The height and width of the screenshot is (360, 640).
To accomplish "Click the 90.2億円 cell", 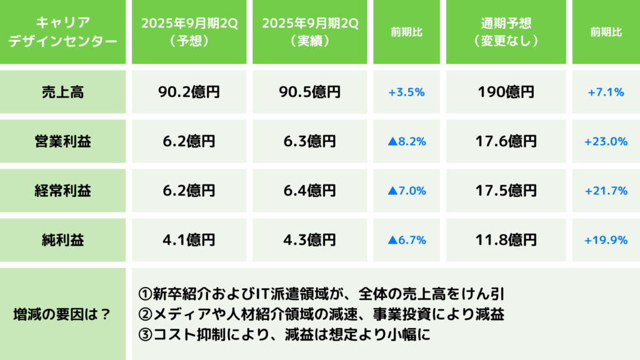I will [189, 92].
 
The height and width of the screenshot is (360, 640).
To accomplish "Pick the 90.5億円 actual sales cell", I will [309, 92].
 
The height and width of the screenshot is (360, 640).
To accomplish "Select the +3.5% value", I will [406, 92].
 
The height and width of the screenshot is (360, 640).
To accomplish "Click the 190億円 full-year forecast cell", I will [506, 92].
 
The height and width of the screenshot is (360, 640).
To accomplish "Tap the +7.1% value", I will [606, 92].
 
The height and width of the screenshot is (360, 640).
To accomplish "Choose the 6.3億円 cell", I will [309, 141].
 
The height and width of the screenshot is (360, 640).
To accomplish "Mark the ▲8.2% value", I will [406, 141].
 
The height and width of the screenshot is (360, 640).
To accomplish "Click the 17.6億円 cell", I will [506, 141].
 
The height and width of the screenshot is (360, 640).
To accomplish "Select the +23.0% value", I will [606, 141].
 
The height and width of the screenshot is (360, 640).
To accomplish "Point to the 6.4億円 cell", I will [309, 191].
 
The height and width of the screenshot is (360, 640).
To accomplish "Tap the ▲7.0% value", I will [406, 191].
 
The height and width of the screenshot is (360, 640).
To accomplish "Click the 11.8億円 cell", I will [506, 239].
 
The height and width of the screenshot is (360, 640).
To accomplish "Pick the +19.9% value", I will [606, 239].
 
